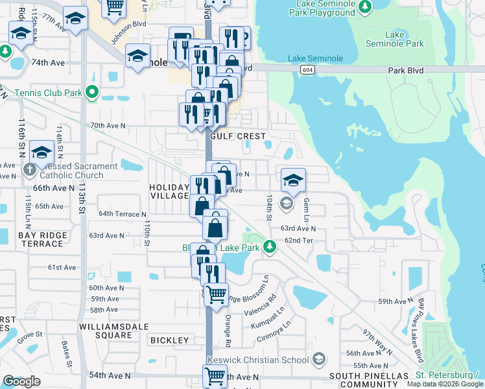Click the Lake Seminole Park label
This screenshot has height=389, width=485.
click(403, 39)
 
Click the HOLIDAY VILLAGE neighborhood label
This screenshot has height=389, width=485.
click(169, 192)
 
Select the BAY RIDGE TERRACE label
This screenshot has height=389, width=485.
click(23, 238)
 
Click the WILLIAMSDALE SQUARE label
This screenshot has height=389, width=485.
click(105, 331)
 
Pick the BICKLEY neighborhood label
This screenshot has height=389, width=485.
click(169, 340)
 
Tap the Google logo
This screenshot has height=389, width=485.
click(21, 381)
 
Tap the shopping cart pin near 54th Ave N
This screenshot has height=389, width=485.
click(215, 374)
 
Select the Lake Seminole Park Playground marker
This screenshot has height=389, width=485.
click(366, 6)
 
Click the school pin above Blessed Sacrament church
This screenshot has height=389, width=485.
click(42, 152)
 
